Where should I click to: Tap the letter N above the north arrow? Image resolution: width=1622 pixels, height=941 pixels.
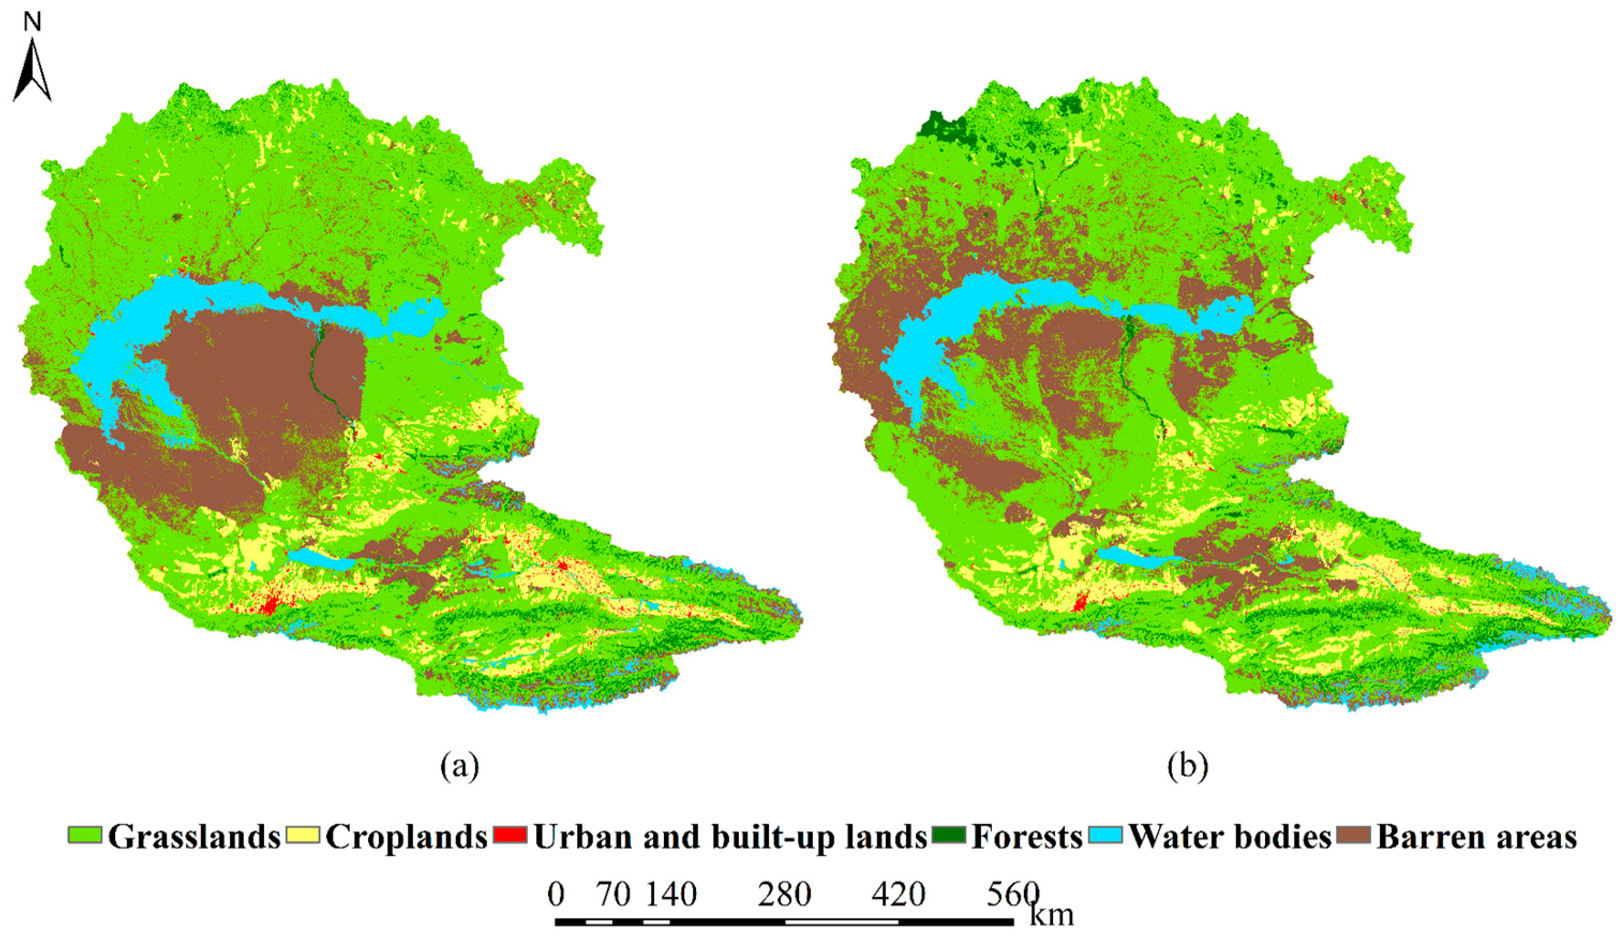click(x=32, y=22)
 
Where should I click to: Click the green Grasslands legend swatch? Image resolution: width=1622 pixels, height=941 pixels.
click(x=85, y=835)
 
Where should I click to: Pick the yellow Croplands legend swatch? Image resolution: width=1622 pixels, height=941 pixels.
click(x=303, y=835)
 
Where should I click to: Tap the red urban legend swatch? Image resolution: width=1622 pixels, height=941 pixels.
click(x=511, y=835)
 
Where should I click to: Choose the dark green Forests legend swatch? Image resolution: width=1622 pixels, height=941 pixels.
click(x=948, y=835)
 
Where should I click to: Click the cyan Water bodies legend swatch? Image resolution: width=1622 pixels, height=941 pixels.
click(x=1106, y=835)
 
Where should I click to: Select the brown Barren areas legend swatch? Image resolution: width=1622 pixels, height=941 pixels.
click(x=1354, y=835)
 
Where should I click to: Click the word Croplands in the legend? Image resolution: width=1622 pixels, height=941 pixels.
click(x=406, y=837)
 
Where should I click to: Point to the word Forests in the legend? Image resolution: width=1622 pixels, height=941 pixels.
click(x=1027, y=837)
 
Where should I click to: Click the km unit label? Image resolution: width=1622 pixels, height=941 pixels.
click(x=1052, y=914)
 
